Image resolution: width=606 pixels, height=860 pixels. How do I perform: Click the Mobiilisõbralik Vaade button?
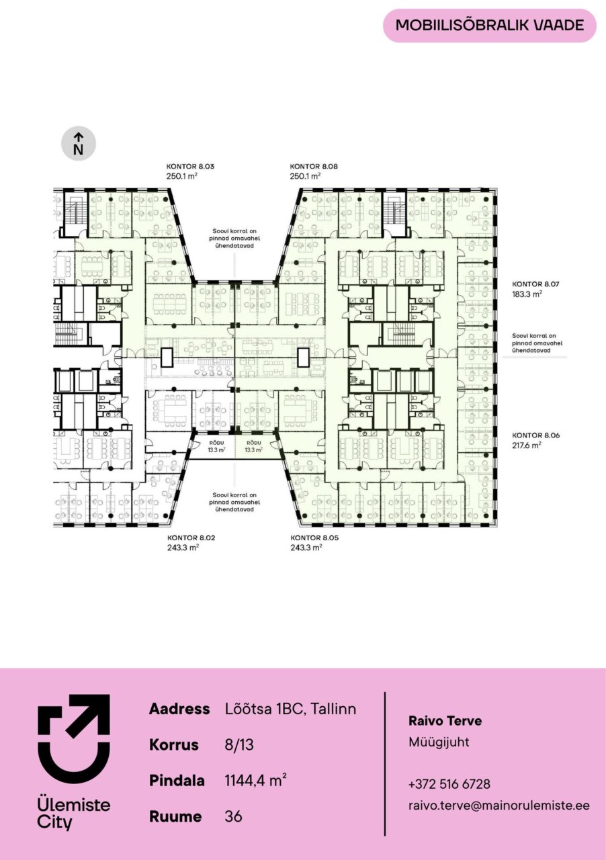click(x=490, y=26)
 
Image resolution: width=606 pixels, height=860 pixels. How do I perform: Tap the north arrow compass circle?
click(x=79, y=144)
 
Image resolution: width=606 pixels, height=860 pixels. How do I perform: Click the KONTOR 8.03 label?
click(x=190, y=167)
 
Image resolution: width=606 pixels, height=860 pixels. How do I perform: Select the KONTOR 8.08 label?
click(x=314, y=167)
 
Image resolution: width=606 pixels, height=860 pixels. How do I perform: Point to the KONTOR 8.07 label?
click(x=535, y=284)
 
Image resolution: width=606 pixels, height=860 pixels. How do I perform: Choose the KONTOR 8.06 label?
click(x=535, y=435)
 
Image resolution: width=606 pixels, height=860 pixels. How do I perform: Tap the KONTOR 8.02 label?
click(x=191, y=538)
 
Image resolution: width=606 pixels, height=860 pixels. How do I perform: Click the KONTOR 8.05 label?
click(x=314, y=538)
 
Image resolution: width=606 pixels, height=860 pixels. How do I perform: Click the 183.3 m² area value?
click(x=527, y=294)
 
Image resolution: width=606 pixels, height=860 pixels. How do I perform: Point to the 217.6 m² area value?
click(x=527, y=445)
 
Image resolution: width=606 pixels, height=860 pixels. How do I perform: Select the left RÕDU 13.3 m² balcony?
click(x=216, y=447)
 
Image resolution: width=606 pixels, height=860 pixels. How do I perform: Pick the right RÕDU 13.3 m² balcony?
click(x=254, y=447)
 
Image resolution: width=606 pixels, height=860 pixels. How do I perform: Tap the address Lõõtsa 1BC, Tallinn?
click(x=291, y=709)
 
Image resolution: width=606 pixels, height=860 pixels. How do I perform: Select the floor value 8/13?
click(x=239, y=745)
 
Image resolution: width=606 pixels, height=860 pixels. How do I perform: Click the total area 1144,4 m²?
click(x=256, y=780)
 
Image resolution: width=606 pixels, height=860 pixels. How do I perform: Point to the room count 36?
click(x=234, y=816)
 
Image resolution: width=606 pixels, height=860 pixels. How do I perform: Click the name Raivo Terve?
click(x=445, y=721)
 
